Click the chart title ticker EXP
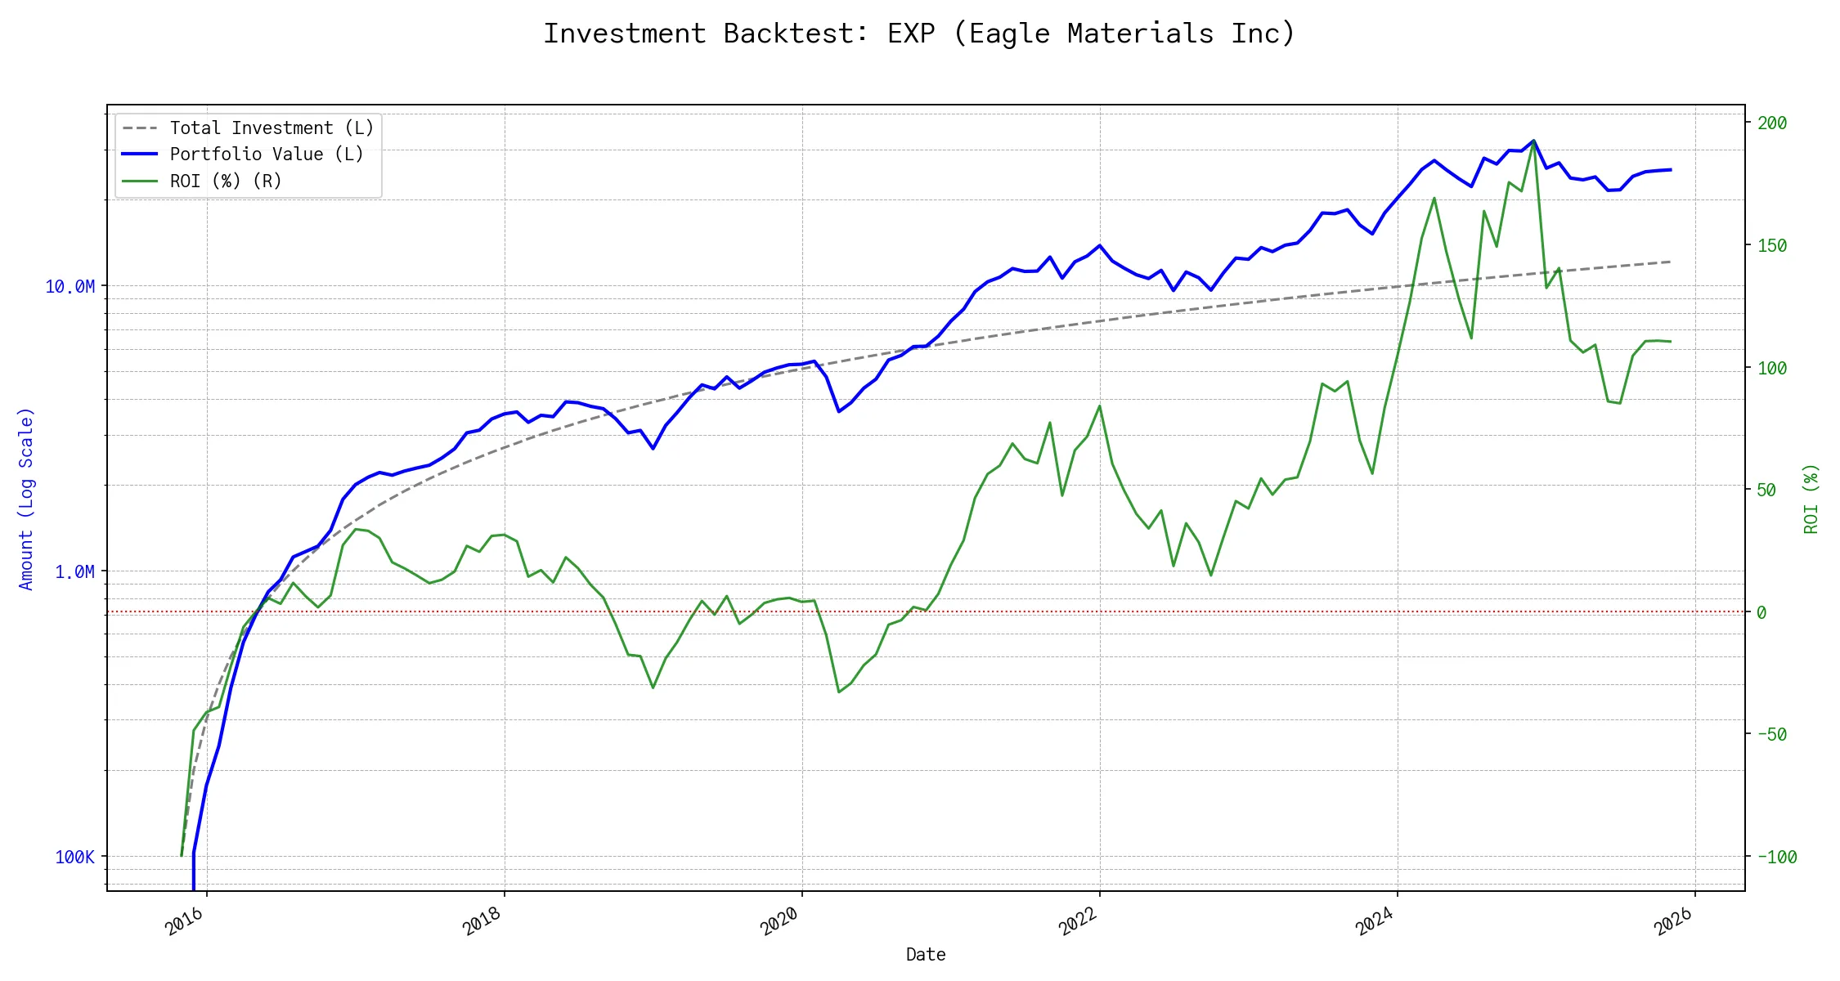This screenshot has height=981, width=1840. (911, 34)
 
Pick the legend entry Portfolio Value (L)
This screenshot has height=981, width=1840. (267, 155)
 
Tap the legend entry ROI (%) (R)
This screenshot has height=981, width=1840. (226, 181)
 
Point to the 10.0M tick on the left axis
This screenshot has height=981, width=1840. (70, 286)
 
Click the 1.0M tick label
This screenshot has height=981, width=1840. (74, 571)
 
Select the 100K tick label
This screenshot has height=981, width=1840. (74, 857)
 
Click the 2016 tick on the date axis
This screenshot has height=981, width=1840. (185, 921)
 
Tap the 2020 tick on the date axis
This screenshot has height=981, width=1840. (779, 921)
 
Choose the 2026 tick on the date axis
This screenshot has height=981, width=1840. (1672, 921)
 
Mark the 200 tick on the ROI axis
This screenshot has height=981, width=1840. (1772, 123)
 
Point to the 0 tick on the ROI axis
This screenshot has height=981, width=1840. (1761, 612)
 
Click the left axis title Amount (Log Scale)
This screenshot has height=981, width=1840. (26, 499)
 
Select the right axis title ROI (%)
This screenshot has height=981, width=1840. (1811, 499)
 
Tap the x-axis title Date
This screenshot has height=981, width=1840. (926, 954)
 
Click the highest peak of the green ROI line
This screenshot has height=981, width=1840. (1533, 141)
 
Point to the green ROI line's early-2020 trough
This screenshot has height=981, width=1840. (839, 692)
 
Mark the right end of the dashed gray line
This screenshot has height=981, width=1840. (1671, 262)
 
